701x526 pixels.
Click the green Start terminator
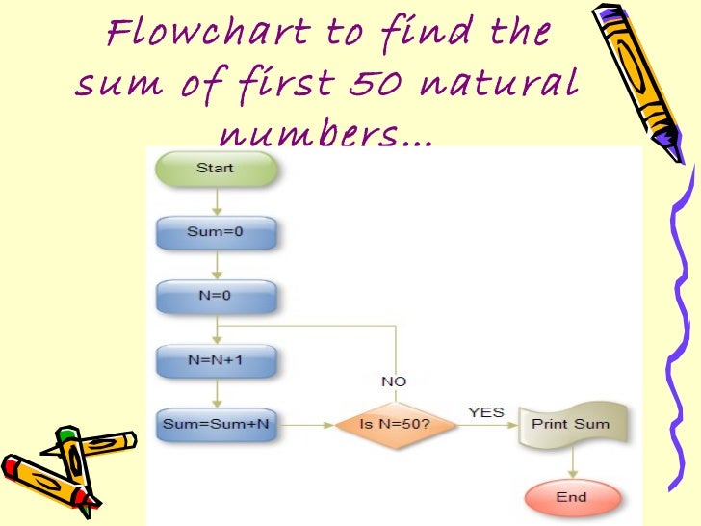216,169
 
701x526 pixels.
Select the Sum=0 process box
216,232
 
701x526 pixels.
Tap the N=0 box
216,297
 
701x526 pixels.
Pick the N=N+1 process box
216,360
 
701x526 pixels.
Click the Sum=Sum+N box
216,424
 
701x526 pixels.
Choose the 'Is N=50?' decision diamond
395,424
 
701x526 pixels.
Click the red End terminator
570,497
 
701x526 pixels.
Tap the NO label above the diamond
394,381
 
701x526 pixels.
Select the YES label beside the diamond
486,412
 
